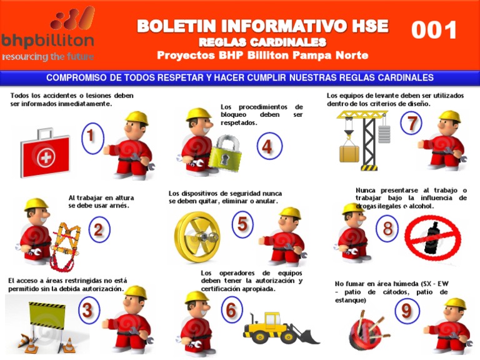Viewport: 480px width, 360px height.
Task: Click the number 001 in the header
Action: click(434, 30)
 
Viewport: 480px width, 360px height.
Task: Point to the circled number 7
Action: click(411, 124)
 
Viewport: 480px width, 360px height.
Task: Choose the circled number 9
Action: click(406, 310)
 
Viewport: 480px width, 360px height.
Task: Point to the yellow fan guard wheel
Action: click(197, 237)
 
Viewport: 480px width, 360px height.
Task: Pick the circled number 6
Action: click(231, 309)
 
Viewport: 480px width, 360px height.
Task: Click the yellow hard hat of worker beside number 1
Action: click(136, 118)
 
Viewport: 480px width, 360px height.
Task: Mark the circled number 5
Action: click(242, 224)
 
